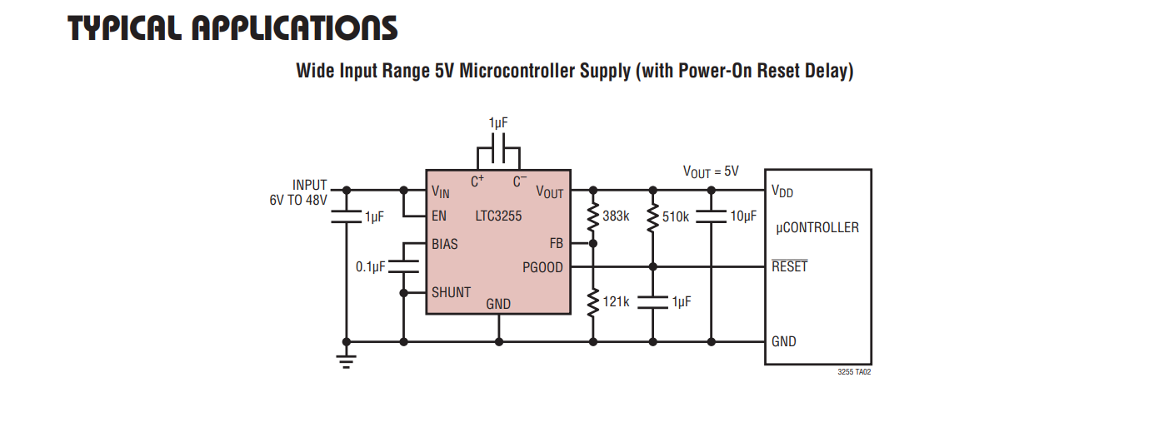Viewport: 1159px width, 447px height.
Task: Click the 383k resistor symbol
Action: (x=593, y=217)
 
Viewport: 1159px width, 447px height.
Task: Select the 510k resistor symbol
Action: (x=653, y=217)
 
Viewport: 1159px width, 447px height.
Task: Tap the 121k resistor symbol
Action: (x=593, y=302)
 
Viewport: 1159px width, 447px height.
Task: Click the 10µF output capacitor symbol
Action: (x=712, y=216)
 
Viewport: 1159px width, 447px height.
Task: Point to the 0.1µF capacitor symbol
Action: (x=403, y=266)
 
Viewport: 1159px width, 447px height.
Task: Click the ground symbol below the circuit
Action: (x=346, y=361)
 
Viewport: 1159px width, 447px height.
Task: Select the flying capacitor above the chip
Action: (x=498, y=148)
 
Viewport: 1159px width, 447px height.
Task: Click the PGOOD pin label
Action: (x=542, y=267)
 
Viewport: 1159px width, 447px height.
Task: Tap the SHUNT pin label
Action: (x=451, y=292)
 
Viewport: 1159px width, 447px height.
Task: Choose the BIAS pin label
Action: (x=444, y=244)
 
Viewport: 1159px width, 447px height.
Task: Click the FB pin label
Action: (x=557, y=243)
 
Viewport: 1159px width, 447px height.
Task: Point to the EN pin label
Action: (x=439, y=216)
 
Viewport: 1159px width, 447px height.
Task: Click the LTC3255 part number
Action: (x=498, y=216)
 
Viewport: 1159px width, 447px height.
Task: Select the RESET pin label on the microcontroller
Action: (x=789, y=266)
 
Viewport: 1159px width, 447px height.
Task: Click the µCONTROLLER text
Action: (x=817, y=228)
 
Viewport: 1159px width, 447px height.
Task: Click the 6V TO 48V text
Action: (x=298, y=200)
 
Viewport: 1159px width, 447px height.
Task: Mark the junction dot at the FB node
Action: (x=593, y=243)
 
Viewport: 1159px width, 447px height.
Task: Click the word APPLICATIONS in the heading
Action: (x=294, y=28)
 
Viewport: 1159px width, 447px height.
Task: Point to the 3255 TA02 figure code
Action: (x=854, y=372)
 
